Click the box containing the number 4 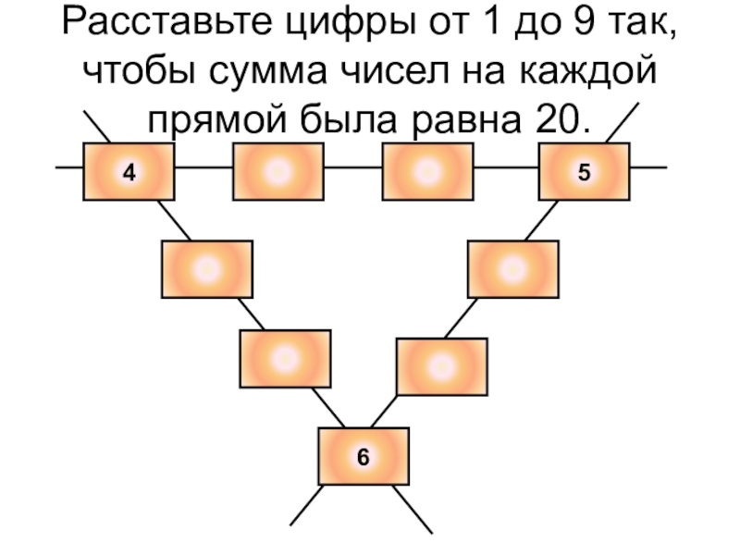click(x=129, y=171)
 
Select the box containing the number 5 click(x=584, y=171)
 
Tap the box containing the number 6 click(x=363, y=456)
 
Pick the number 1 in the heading click(x=486, y=27)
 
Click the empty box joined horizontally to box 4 click(x=277, y=171)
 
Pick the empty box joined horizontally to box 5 click(x=427, y=171)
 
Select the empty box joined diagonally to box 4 click(x=206, y=268)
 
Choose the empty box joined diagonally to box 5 click(x=512, y=268)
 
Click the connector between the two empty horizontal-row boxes click(x=352, y=168)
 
